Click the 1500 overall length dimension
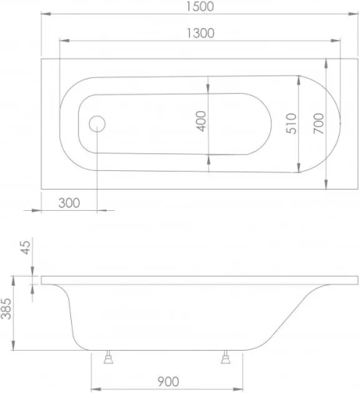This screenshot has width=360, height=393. pyautogui.click(x=200, y=7)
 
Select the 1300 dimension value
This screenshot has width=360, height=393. pyautogui.click(x=200, y=33)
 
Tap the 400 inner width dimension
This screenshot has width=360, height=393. pyautogui.click(x=201, y=121)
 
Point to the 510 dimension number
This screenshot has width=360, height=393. pyautogui.click(x=291, y=123)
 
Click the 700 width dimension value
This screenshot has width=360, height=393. pyautogui.click(x=318, y=123)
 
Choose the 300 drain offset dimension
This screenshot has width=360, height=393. pyautogui.click(x=69, y=203)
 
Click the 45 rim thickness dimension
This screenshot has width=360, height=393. pyautogui.click(x=25, y=247)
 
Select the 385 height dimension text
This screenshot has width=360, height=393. pyautogui.click(x=6, y=309)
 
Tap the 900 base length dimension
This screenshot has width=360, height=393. pyautogui.click(x=169, y=382)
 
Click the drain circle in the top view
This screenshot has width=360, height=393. pyautogui.click(x=97, y=124)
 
